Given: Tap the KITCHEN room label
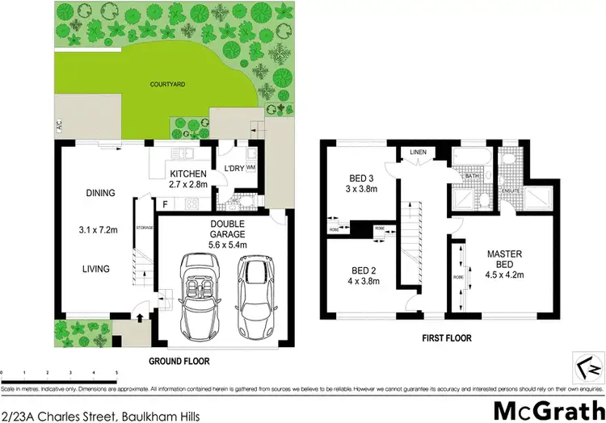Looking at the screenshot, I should (188, 174).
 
